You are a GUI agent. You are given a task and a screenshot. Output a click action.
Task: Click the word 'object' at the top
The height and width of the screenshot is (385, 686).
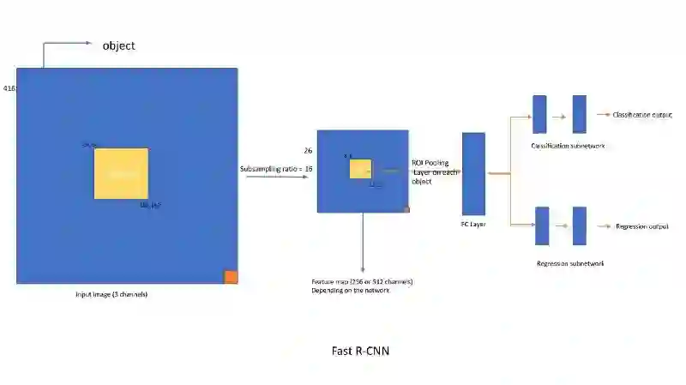(118, 45)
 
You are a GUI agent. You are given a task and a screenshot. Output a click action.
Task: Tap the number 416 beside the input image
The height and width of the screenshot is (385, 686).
(9, 88)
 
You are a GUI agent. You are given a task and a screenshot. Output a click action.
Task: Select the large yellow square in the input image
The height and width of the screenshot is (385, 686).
(121, 174)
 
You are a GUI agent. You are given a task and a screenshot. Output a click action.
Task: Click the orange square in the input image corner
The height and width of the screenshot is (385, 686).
(231, 276)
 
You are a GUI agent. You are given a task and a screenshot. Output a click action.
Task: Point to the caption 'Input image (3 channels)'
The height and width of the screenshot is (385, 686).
(111, 295)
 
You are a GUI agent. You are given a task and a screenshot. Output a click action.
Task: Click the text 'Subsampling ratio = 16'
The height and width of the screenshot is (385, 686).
(276, 169)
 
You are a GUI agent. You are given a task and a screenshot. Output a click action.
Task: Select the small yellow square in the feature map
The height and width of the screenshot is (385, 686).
(360, 169)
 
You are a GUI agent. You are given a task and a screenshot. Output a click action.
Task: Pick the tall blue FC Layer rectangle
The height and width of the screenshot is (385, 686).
(473, 173)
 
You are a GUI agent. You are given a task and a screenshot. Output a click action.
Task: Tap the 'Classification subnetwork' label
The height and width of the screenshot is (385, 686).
(568, 146)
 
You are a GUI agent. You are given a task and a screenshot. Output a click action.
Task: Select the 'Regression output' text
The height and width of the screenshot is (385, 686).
(641, 226)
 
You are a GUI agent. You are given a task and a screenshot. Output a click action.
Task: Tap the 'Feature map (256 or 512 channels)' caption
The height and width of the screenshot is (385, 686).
(362, 281)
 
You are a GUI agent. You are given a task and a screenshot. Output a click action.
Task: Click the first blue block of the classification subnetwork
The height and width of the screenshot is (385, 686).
(539, 114)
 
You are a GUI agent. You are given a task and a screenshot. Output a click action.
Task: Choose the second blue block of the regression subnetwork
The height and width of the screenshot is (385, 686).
(579, 226)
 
